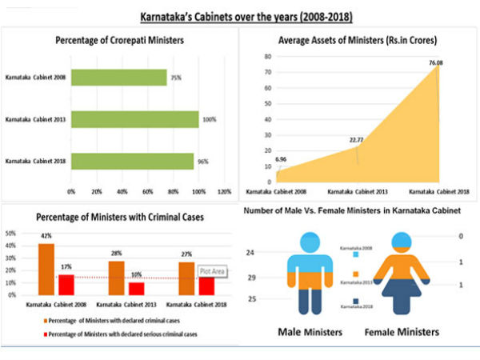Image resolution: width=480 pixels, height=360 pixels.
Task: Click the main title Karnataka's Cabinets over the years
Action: (x=240, y=15)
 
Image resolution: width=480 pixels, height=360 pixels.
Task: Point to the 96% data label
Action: (x=203, y=161)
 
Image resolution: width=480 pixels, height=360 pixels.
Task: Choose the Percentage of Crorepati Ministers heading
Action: (x=120, y=40)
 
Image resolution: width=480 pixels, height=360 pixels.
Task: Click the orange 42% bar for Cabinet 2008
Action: (x=47, y=270)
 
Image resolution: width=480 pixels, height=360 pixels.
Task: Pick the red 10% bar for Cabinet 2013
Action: (x=137, y=289)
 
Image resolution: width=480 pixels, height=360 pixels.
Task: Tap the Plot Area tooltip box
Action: (x=213, y=272)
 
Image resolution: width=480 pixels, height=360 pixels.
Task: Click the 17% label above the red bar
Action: (x=66, y=266)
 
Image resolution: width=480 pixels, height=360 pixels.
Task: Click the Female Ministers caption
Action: (x=402, y=331)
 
